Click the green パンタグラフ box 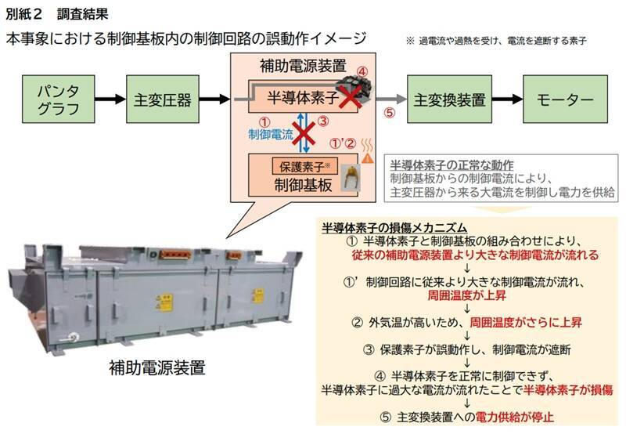click(x=57, y=99)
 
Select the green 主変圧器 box click(x=160, y=99)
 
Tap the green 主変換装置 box click(x=448, y=99)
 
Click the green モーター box click(x=559, y=99)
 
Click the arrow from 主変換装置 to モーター click(x=505, y=99)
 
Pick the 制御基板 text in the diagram click(x=301, y=187)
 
